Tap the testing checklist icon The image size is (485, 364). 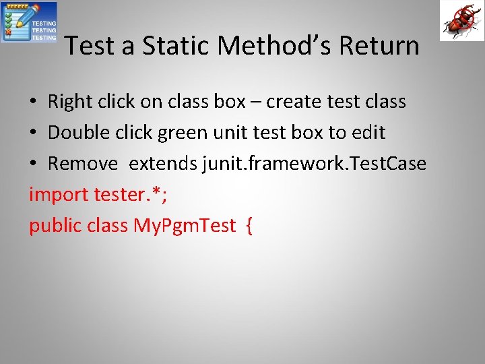pos(29,22)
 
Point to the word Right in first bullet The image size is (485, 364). pos(69,102)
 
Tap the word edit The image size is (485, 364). pos(368,133)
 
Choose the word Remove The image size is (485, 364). pos(83,164)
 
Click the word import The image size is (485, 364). pos(59,195)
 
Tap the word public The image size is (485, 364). pos(55,226)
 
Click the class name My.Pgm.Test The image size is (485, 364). pos(185,226)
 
